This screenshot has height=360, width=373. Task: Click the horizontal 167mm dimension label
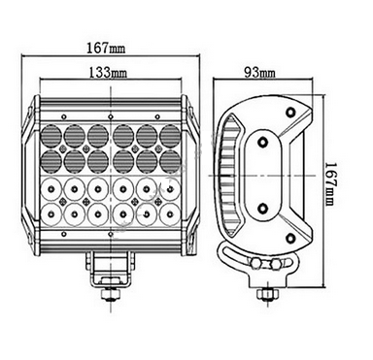(106, 49)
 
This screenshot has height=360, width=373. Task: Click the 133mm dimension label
(108, 73)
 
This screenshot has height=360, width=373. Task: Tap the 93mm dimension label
(259, 73)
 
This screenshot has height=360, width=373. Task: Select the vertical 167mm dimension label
(330, 183)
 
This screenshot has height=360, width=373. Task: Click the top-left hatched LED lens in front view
(51, 135)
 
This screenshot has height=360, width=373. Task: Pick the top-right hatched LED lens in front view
(170, 135)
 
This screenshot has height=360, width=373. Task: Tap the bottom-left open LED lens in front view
(51, 213)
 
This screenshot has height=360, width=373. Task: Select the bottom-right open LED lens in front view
(170, 213)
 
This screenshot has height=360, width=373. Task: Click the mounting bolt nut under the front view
(112, 295)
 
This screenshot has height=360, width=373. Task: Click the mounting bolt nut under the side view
(267, 295)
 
